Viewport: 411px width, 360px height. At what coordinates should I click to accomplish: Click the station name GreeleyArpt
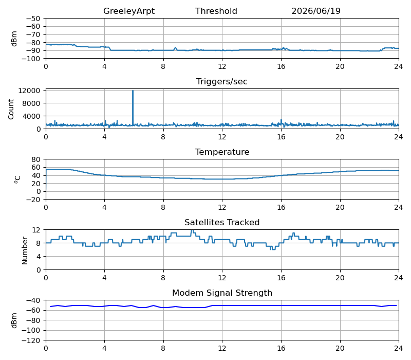tap(129, 11)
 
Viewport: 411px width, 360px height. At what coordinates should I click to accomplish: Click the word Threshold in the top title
tap(216, 11)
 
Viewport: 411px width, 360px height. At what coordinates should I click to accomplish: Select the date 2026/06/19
tap(316, 11)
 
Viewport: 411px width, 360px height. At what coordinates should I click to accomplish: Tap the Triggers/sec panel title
tap(222, 81)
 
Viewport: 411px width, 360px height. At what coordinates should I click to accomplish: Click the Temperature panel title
tap(222, 152)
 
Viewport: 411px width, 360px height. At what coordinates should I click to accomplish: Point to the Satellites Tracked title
tap(222, 222)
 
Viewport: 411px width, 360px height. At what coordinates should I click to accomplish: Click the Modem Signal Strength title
tap(222, 293)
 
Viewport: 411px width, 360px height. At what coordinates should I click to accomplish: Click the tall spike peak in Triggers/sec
tap(133, 91)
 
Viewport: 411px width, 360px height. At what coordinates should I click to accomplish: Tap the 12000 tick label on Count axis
tap(29, 91)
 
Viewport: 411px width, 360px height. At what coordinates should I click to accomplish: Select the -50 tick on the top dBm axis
tap(33, 19)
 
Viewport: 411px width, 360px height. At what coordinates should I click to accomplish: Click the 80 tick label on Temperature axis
tap(36, 159)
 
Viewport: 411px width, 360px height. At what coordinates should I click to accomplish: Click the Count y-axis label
tap(11, 110)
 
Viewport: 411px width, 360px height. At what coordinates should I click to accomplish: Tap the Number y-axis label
tap(25, 250)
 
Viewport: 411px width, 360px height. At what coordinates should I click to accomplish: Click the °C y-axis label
tap(17, 179)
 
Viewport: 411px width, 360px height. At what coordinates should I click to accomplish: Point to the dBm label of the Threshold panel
tap(14, 39)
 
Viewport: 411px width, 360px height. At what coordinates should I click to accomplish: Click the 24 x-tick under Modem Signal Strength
tap(399, 349)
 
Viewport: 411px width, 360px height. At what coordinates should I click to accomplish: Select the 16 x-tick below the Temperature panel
tap(281, 208)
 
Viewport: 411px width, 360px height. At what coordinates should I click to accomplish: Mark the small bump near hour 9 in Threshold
tap(175, 48)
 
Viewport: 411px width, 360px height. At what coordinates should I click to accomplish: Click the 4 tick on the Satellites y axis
tap(39, 257)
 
